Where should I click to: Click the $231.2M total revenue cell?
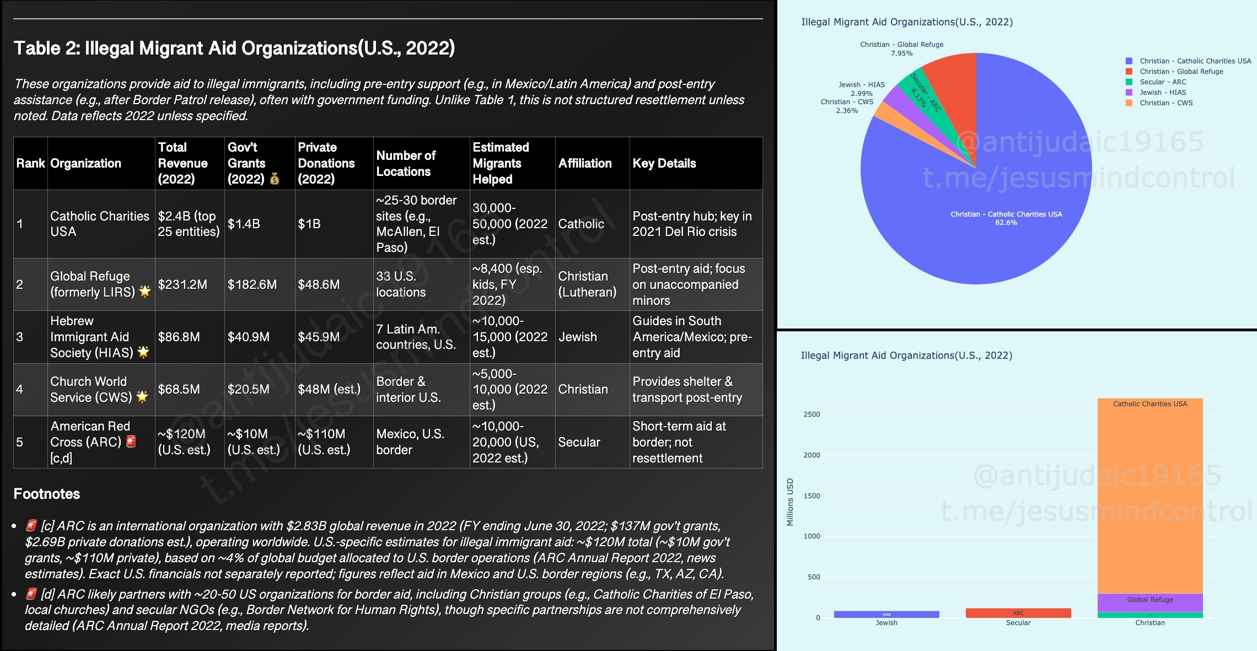tap(182, 284)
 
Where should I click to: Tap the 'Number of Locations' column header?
tap(406, 164)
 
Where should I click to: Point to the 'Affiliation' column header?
tap(585, 163)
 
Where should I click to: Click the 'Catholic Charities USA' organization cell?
tap(100, 224)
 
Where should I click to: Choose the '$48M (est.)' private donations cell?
tap(329, 389)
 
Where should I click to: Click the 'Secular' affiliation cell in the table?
tap(579, 442)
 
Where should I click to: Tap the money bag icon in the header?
tap(275, 179)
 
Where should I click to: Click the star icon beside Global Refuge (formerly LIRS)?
tap(145, 292)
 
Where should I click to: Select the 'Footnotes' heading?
tap(47, 494)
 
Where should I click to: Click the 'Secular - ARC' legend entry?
tap(1162, 82)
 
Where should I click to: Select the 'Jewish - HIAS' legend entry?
tap(1162, 93)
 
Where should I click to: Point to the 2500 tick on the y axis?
tap(812, 415)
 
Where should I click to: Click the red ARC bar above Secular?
tap(1018, 613)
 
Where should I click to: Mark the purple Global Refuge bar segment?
tap(1150, 602)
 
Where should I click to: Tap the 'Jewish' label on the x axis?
tap(887, 623)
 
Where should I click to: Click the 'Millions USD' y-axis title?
tap(790, 502)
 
